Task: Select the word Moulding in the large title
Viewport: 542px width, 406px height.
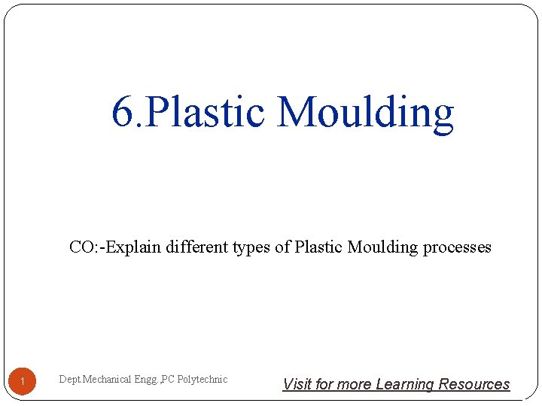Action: (365, 112)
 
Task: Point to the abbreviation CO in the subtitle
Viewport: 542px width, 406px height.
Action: (82, 247)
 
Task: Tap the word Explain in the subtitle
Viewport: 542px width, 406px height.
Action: (132, 247)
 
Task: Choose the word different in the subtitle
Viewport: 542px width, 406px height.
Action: (195, 247)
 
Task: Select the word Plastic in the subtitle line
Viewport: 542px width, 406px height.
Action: (319, 247)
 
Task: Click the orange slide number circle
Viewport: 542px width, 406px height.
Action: (23, 383)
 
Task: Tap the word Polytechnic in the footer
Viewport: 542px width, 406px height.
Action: (202, 380)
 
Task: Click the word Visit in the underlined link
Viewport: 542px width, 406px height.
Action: (297, 384)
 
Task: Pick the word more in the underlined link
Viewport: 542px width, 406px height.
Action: (354, 384)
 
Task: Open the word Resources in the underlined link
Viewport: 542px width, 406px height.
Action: (474, 384)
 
